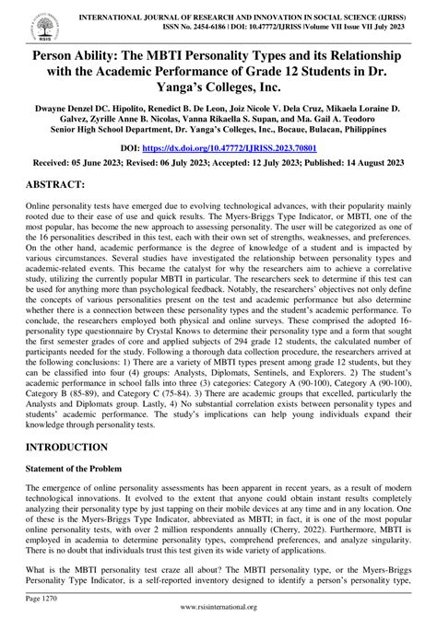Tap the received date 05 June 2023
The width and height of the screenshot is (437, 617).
tap(108, 163)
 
